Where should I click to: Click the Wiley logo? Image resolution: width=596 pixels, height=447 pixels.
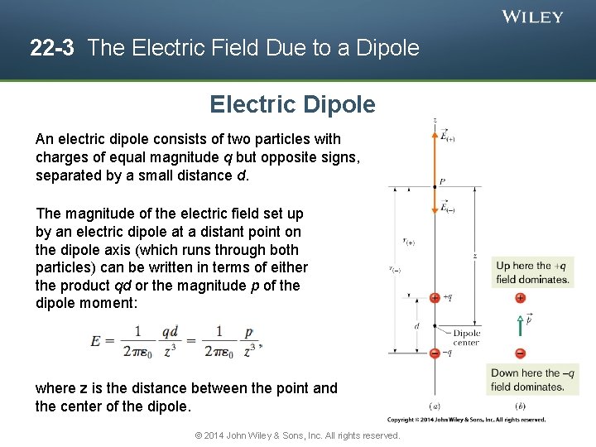point(532,17)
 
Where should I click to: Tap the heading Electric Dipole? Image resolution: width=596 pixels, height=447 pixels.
point(292,105)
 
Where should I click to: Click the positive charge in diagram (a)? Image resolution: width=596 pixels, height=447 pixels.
point(435,297)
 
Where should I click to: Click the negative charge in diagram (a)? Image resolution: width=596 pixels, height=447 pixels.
point(435,353)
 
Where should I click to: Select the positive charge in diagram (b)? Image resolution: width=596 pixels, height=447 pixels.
point(520,298)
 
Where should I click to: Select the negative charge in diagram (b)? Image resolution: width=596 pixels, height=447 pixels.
point(520,353)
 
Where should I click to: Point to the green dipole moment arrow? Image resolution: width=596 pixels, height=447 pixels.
point(520,324)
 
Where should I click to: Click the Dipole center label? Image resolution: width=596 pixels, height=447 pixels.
point(466,338)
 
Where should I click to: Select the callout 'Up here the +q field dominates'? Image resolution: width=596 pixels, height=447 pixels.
point(532,272)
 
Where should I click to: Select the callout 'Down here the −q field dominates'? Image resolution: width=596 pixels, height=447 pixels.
point(532,379)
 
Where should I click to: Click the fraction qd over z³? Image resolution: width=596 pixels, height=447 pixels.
point(170,340)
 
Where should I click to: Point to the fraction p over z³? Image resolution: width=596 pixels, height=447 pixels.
point(248,340)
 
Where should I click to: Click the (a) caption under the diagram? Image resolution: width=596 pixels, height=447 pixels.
point(435,406)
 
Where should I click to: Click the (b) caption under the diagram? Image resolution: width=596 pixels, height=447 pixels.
point(520,406)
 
